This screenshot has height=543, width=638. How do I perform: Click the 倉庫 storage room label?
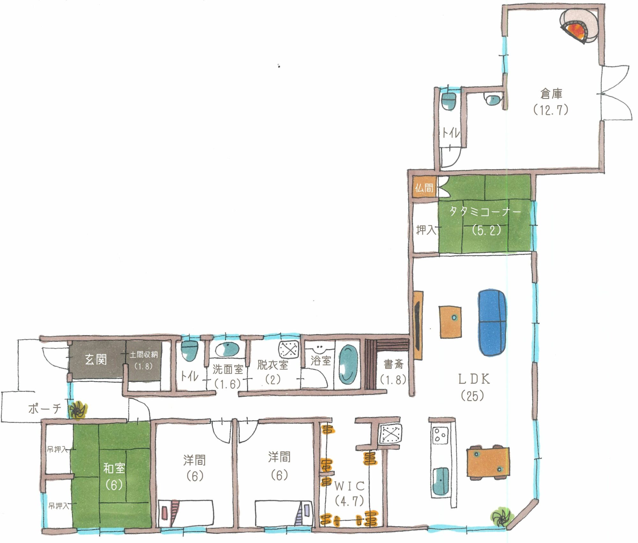551,94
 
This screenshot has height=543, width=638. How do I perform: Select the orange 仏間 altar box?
424,187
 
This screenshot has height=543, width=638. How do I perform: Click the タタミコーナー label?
485,212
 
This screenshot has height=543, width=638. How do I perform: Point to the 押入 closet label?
426,230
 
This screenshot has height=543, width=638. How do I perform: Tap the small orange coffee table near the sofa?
450,322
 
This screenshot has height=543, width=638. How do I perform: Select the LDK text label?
474,379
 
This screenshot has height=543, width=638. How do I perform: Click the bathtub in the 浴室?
348,364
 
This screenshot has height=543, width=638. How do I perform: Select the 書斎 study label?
393,364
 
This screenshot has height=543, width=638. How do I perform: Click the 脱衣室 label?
273,365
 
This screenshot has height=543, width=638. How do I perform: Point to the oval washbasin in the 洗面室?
227,350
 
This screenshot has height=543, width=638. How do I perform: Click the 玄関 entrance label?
96,360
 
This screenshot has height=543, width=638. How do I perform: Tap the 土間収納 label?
144,355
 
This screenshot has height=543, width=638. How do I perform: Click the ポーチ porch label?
45,409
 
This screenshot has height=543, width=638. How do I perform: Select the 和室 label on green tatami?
114,468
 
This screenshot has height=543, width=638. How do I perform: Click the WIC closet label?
349,486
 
